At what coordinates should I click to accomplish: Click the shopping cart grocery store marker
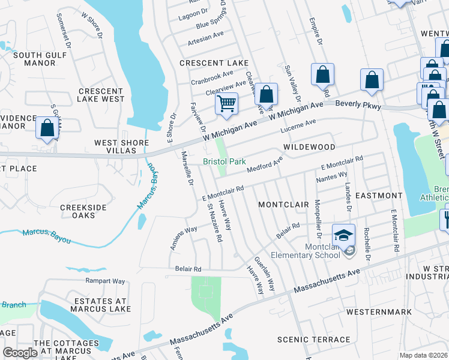coord(226,103)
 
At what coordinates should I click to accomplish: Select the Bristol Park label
coord(224,162)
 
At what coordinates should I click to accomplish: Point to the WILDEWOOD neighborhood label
coord(309,147)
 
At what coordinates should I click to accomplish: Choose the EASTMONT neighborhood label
coord(379,196)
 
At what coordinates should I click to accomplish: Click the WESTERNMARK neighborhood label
coord(379,312)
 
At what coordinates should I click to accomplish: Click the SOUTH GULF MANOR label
coord(34,58)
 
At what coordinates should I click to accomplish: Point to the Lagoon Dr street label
coord(196,11)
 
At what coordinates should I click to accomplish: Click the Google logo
coord(20,353)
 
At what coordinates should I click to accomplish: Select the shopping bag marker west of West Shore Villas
coord(47,128)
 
